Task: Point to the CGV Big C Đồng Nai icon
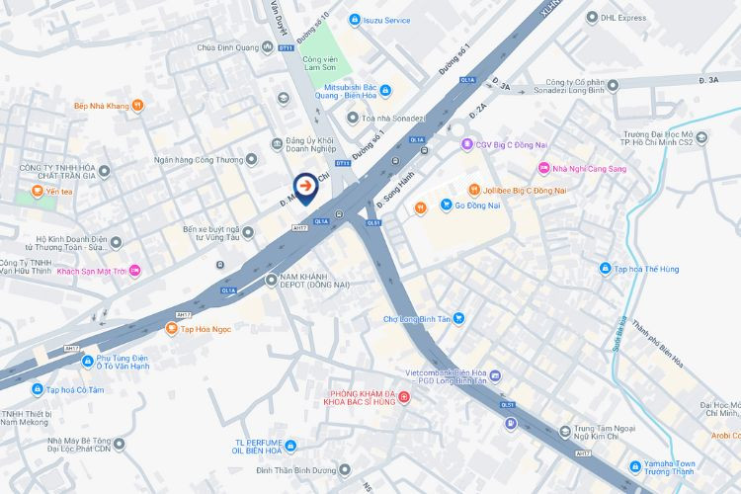468,145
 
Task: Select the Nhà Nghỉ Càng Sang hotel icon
542,169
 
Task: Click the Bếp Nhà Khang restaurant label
104,105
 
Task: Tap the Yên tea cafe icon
38,191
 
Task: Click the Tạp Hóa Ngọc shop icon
171,328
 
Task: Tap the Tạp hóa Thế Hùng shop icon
604,269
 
